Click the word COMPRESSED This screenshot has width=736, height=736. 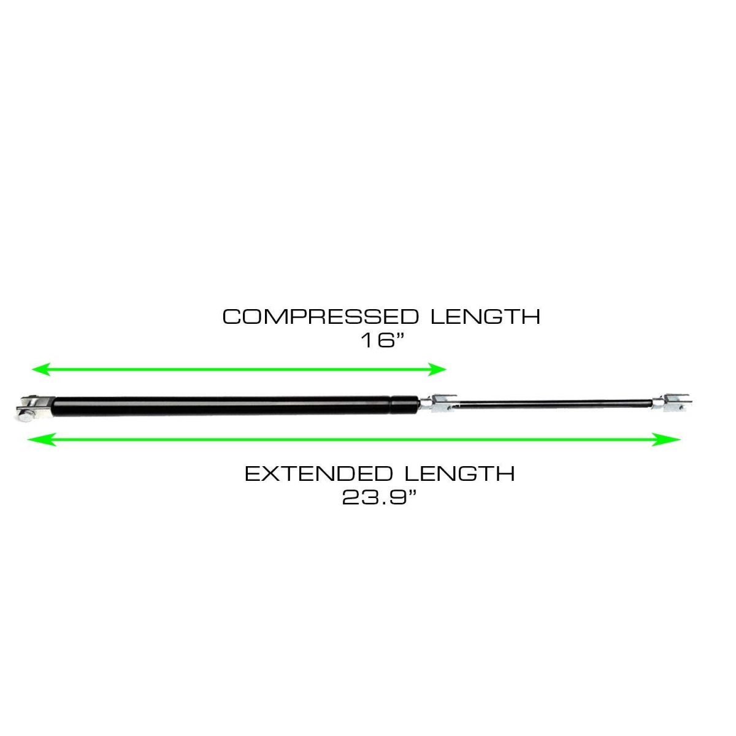[x=320, y=316]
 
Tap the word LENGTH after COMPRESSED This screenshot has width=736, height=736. [x=485, y=316]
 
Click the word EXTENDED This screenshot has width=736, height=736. [x=318, y=473]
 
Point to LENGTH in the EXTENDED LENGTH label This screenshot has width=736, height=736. [x=459, y=473]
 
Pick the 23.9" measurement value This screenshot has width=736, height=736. [x=379, y=497]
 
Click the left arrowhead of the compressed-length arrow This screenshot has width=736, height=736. [x=41, y=369]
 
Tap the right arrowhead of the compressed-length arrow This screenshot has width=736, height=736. [x=437, y=369]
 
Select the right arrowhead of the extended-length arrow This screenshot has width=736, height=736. [x=667, y=440]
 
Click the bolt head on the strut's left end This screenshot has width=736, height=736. [x=24, y=417]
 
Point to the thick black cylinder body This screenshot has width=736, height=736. [x=221, y=405]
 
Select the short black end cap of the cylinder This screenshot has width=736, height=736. [x=405, y=405]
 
